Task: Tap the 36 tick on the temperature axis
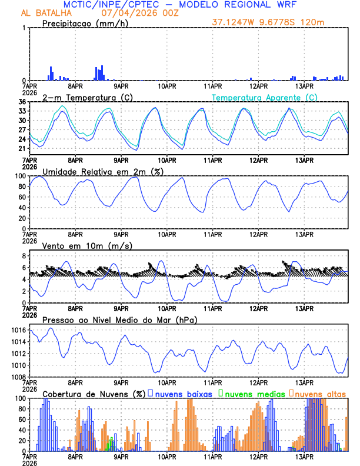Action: click(22, 102)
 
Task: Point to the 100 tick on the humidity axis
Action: click(20, 176)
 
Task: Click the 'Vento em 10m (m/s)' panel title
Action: click(87, 245)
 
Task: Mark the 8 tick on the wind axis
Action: click(24, 256)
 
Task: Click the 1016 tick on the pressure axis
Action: click(18, 331)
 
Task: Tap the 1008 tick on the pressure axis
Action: click(18, 377)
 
